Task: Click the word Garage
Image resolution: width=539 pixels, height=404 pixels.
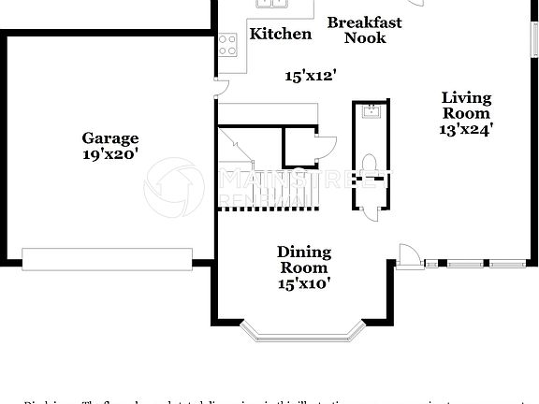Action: click(x=109, y=138)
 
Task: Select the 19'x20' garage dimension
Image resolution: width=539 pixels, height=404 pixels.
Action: click(x=109, y=154)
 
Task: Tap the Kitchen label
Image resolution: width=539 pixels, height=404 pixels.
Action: click(x=281, y=35)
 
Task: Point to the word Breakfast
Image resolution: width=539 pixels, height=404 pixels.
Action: click(x=364, y=22)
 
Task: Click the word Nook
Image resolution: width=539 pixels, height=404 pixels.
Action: click(x=364, y=38)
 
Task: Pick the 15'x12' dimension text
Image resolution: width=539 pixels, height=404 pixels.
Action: click(x=311, y=77)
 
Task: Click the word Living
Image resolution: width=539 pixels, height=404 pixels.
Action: click(x=466, y=97)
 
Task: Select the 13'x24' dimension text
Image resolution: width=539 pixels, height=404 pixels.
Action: click(x=466, y=130)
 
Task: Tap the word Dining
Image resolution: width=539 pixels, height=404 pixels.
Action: click(x=304, y=252)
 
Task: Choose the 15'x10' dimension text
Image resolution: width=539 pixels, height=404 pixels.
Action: click(x=304, y=283)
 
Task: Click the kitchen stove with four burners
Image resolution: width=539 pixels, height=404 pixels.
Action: click(x=227, y=45)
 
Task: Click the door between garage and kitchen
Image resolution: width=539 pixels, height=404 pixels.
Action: click(x=221, y=88)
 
